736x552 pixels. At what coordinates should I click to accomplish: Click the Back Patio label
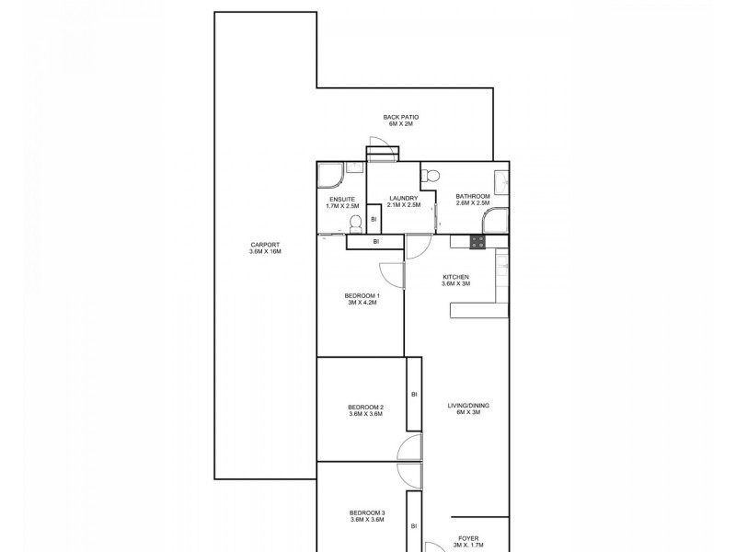(x=401, y=120)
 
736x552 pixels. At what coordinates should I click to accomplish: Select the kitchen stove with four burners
(x=478, y=242)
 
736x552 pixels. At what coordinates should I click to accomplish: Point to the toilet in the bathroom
(x=431, y=176)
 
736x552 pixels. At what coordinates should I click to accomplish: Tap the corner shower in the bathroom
(x=497, y=221)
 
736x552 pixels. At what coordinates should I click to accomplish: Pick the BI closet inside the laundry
(x=374, y=220)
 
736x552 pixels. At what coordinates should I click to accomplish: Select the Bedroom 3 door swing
(x=408, y=474)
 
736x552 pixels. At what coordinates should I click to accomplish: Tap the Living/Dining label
(x=463, y=408)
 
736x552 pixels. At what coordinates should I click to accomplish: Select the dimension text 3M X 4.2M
(x=362, y=302)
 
